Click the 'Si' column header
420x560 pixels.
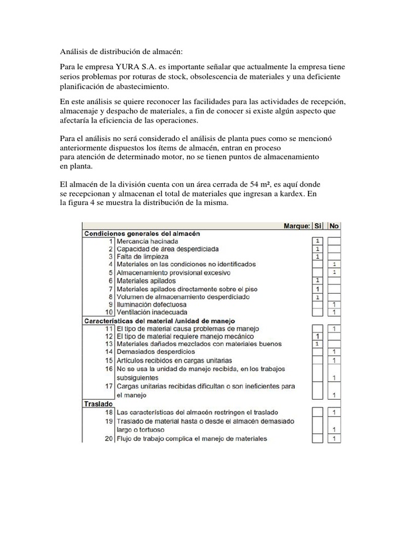click(318, 225)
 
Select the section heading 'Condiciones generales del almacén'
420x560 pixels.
click(142, 233)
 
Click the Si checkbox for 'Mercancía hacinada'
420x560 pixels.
click(317, 241)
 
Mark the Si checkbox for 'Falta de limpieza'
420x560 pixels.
click(317, 256)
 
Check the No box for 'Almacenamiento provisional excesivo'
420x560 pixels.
click(334, 272)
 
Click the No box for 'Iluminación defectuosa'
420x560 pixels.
click(334, 304)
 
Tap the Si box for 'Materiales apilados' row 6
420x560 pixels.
click(317, 281)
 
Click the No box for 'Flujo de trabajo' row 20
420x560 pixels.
click(334, 439)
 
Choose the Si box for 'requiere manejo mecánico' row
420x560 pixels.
click(317, 336)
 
